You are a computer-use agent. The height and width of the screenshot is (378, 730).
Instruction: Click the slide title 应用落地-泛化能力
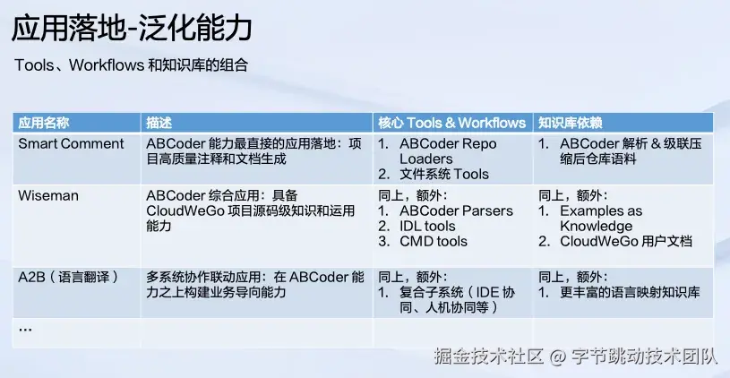pos(132,28)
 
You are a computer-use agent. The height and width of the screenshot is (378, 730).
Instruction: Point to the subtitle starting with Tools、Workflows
pos(131,65)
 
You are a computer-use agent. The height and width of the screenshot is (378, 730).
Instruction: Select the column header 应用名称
pos(44,123)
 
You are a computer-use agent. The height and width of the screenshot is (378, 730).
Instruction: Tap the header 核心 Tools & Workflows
pos(451,123)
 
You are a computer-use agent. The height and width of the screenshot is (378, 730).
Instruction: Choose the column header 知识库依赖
pos(571,123)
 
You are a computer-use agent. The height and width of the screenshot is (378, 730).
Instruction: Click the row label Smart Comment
pos(72,144)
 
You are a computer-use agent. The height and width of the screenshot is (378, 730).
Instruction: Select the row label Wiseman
pos(48,195)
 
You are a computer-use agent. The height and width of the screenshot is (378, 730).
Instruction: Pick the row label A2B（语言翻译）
pos(68,277)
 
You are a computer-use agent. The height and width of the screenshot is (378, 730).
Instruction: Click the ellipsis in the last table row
pos(25,329)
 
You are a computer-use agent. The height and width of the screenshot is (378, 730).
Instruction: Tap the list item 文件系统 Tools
pos(444,174)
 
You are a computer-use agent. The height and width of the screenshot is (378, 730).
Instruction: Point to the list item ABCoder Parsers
pos(456,210)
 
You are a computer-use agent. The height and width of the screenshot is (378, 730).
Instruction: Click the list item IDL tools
pos(427,227)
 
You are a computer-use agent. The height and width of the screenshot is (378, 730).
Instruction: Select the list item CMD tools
pos(434,242)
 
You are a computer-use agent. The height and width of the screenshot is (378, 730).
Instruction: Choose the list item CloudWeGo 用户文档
pos(626,242)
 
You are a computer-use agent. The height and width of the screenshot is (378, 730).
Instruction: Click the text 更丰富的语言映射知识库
pos(630,292)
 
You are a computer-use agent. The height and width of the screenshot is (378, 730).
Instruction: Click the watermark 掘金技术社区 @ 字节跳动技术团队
pos(576,357)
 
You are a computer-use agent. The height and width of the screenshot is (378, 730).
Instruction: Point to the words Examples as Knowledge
pos(601,219)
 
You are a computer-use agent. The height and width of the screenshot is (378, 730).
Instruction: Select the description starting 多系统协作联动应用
pos(255,285)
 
